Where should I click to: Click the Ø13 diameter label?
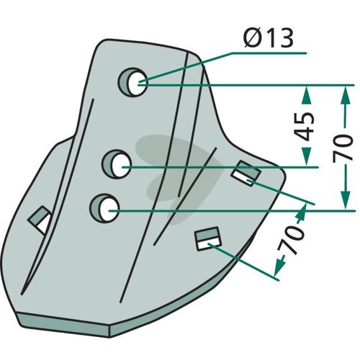click(x=269, y=38)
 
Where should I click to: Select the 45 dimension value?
click(x=305, y=126)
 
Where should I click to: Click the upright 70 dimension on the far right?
click(x=343, y=147)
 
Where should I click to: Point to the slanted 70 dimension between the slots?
click(x=291, y=239)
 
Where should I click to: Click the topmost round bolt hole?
click(x=132, y=82)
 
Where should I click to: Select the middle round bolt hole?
click(x=117, y=164)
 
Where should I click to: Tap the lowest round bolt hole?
click(x=104, y=208)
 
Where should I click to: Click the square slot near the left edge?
click(x=40, y=220)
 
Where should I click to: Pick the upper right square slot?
click(x=246, y=174)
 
